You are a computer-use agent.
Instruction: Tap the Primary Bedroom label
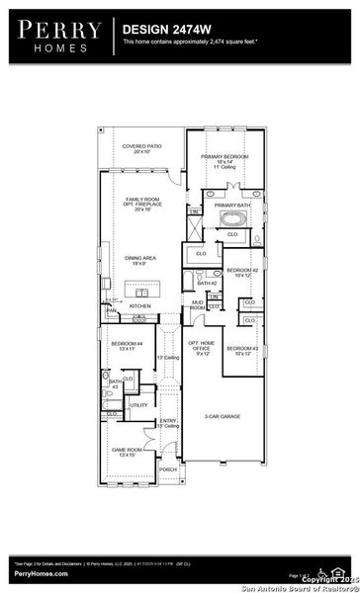point(225,162)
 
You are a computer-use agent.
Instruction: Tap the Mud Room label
point(197,305)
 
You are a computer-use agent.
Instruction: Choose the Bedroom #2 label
point(242,272)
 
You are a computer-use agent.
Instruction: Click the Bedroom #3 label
point(242,350)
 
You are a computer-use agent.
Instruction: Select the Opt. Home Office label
point(201,347)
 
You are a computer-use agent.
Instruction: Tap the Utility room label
point(139,404)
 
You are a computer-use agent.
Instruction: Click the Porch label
point(167,469)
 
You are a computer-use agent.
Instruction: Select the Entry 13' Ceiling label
point(168,423)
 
